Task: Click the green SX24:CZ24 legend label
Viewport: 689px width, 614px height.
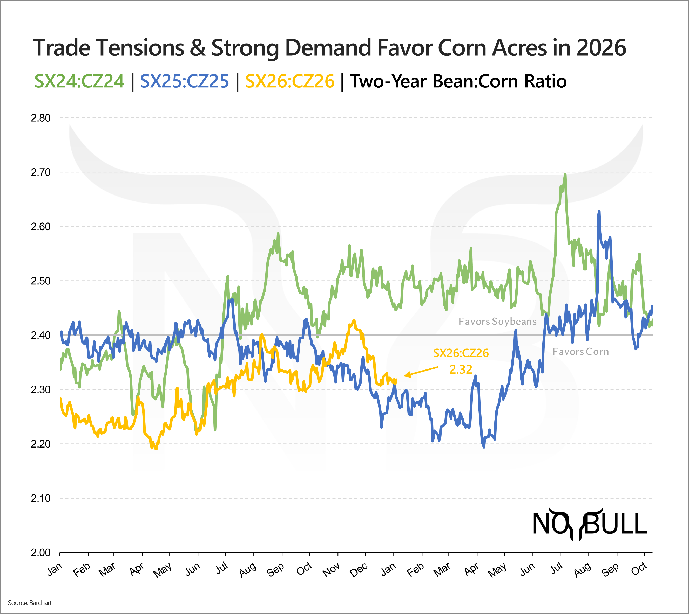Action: tap(79, 81)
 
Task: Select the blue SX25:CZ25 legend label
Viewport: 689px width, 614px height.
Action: tap(184, 81)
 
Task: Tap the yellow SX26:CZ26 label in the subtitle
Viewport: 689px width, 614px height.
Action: tap(289, 81)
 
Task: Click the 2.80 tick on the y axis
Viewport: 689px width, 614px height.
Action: tap(40, 118)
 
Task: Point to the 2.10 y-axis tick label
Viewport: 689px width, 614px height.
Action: tap(40, 498)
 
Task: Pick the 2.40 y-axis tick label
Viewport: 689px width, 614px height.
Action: tap(40, 335)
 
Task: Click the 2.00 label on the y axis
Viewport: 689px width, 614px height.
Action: tap(40, 553)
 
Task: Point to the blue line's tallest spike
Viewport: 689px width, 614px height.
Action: tap(599, 211)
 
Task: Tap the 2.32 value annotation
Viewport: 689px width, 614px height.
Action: tap(461, 369)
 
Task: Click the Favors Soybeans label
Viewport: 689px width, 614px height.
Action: tap(497, 322)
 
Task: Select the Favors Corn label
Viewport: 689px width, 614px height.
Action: tap(580, 352)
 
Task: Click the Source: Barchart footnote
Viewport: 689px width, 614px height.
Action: tap(30, 603)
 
